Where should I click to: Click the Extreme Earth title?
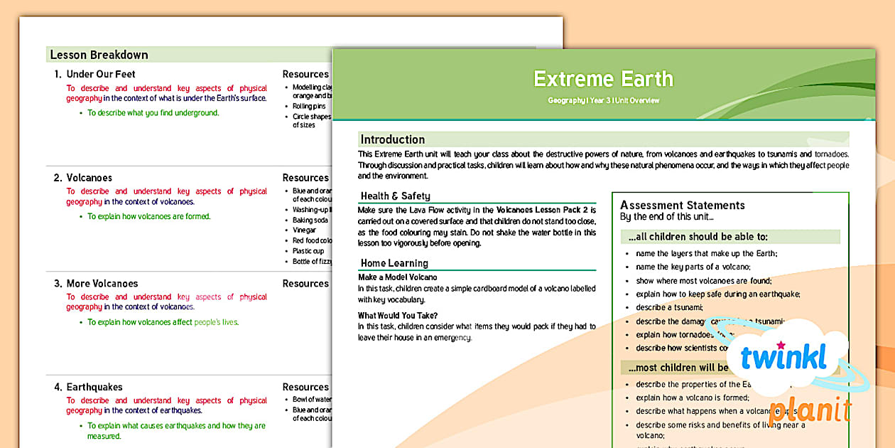tap(603, 79)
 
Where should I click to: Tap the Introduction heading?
tap(392, 139)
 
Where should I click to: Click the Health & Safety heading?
tap(395, 196)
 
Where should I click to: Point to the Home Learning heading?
tap(394, 263)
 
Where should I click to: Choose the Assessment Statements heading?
tap(682, 206)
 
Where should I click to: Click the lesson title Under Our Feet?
tap(100, 74)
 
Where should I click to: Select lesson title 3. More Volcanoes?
tap(102, 283)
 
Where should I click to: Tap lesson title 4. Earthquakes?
tap(94, 387)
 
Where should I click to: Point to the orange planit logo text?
tap(810, 411)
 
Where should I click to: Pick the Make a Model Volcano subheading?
tap(397, 277)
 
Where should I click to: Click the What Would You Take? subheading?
tap(398, 315)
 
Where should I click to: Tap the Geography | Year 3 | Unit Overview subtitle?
tap(603, 101)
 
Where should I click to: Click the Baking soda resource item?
tap(311, 220)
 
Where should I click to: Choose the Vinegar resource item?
tap(305, 230)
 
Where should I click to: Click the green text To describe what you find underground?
tap(153, 112)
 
